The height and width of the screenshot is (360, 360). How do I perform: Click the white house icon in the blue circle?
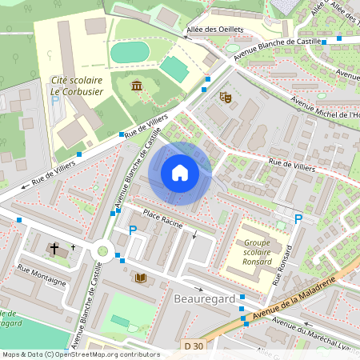tap(180, 172)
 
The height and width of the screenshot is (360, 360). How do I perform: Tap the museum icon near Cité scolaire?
tap(136, 85)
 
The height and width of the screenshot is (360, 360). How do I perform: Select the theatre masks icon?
tap(226, 97)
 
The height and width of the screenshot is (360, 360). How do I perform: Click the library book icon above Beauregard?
tap(142, 278)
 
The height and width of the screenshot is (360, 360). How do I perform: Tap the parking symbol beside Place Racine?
tap(133, 230)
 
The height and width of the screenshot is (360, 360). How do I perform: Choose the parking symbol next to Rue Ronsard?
tap(298, 218)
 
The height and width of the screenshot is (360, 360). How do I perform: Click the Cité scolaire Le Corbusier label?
tap(77, 86)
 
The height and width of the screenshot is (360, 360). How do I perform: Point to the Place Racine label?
tap(163, 217)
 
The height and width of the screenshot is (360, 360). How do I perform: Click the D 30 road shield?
tap(193, 346)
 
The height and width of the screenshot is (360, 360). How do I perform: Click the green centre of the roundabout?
tap(102, 251)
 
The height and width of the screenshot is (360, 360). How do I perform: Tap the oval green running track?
tap(130, 53)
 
